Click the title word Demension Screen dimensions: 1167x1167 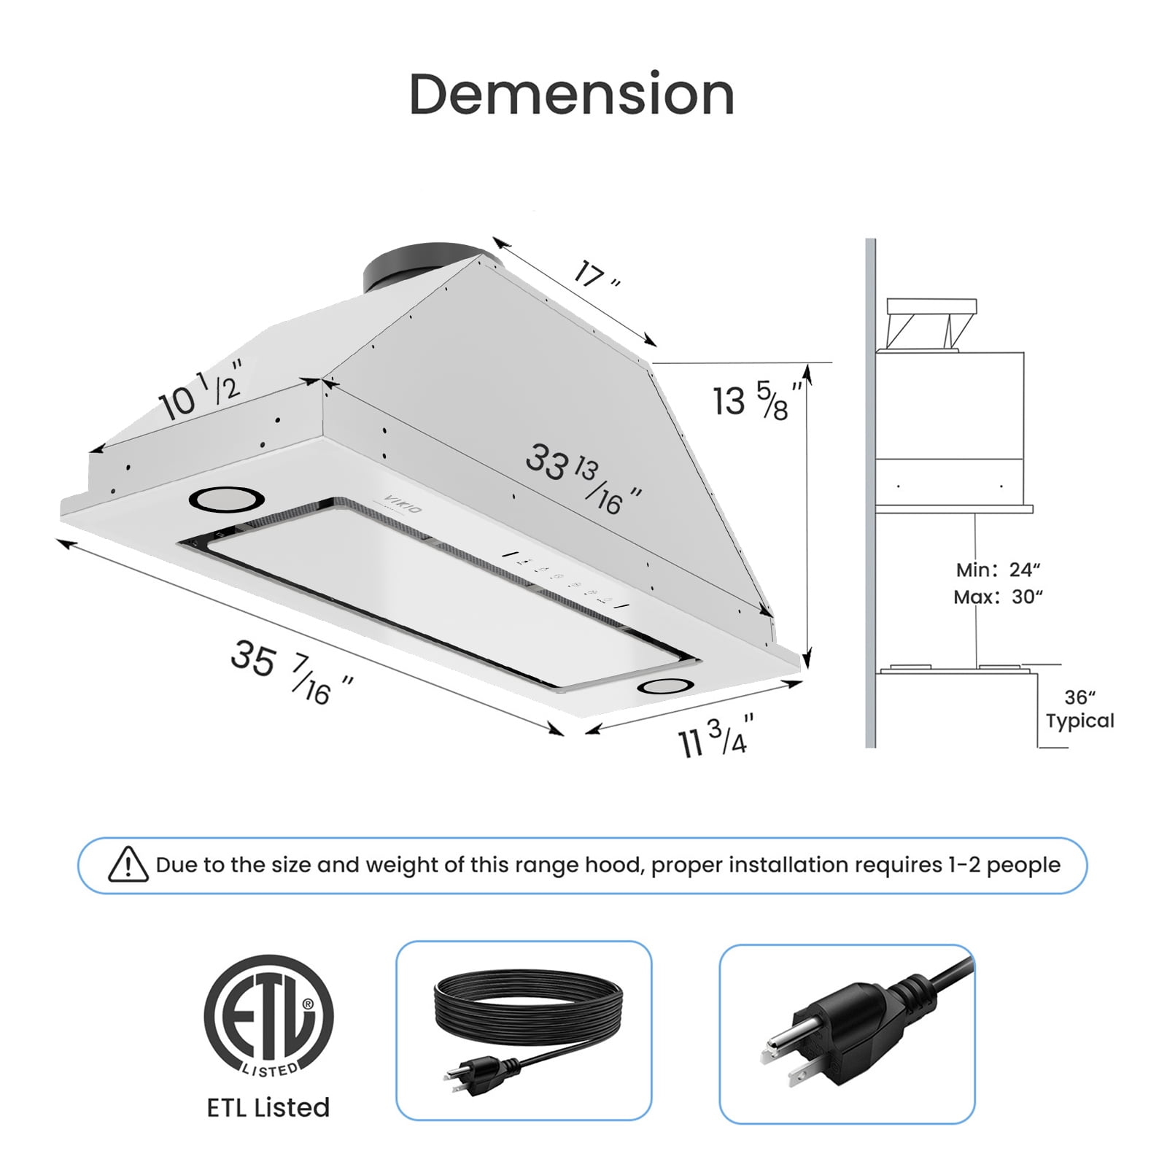click(571, 94)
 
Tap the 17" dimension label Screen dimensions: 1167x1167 click(597, 275)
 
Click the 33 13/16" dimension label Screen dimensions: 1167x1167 click(583, 477)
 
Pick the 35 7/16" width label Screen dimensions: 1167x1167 click(291, 672)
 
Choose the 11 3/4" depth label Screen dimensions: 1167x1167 click(715, 737)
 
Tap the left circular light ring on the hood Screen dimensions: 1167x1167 click(226, 499)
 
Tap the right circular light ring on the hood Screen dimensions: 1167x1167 click(665, 686)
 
